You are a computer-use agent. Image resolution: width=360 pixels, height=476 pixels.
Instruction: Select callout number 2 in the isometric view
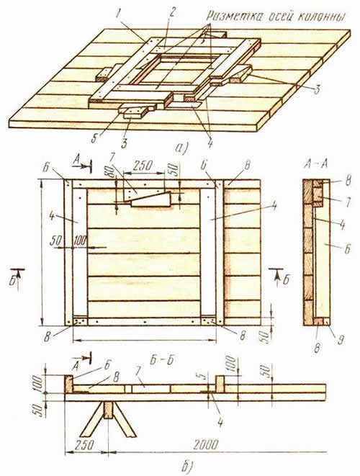click(172, 12)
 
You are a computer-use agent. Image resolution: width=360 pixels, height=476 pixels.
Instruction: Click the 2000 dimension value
click(206, 445)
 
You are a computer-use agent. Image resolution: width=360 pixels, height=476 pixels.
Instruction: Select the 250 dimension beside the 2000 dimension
click(84, 445)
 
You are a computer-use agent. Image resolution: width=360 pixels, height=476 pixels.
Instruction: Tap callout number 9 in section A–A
click(341, 340)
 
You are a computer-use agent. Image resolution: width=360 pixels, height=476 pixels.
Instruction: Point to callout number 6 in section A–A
click(347, 248)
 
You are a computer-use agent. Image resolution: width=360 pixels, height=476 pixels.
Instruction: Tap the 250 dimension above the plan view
click(143, 166)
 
